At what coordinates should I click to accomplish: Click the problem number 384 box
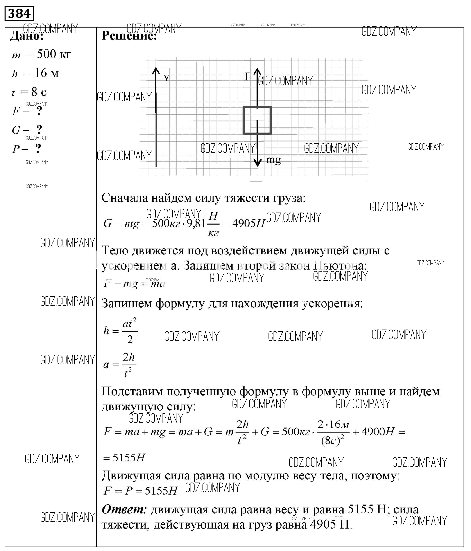click(19, 13)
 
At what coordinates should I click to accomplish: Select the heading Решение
click(129, 35)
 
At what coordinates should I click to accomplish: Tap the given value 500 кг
click(54, 54)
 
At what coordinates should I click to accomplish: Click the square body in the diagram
click(257, 120)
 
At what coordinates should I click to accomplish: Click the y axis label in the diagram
click(166, 77)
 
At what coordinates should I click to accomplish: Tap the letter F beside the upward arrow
click(247, 76)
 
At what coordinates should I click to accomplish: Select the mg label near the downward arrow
click(273, 160)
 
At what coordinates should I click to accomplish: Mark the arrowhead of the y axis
click(156, 71)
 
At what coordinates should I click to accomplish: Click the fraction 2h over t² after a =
click(129, 364)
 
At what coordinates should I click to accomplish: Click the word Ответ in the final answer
click(124, 509)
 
